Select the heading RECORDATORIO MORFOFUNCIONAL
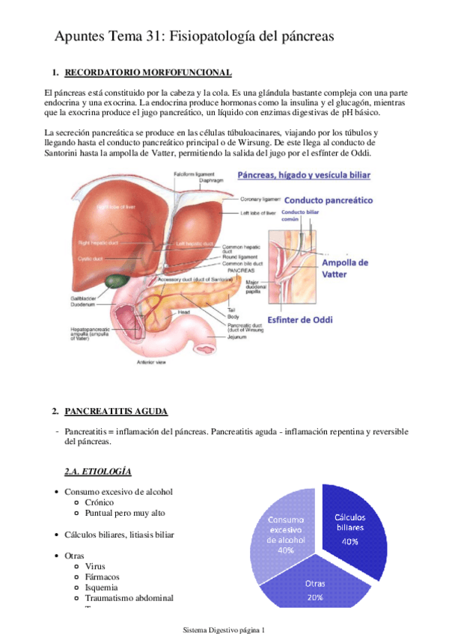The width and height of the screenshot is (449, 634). (148, 73)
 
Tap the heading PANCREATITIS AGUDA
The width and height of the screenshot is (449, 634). (116, 411)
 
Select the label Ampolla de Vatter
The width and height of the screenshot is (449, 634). (345, 268)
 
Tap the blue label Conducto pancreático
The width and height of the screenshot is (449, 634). (327, 201)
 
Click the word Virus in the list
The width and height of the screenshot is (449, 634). (95, 567)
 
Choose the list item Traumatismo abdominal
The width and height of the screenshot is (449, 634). (129, 598)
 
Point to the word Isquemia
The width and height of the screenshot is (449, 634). (103, 588)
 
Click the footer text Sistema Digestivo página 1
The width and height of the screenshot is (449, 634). (224, 629)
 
